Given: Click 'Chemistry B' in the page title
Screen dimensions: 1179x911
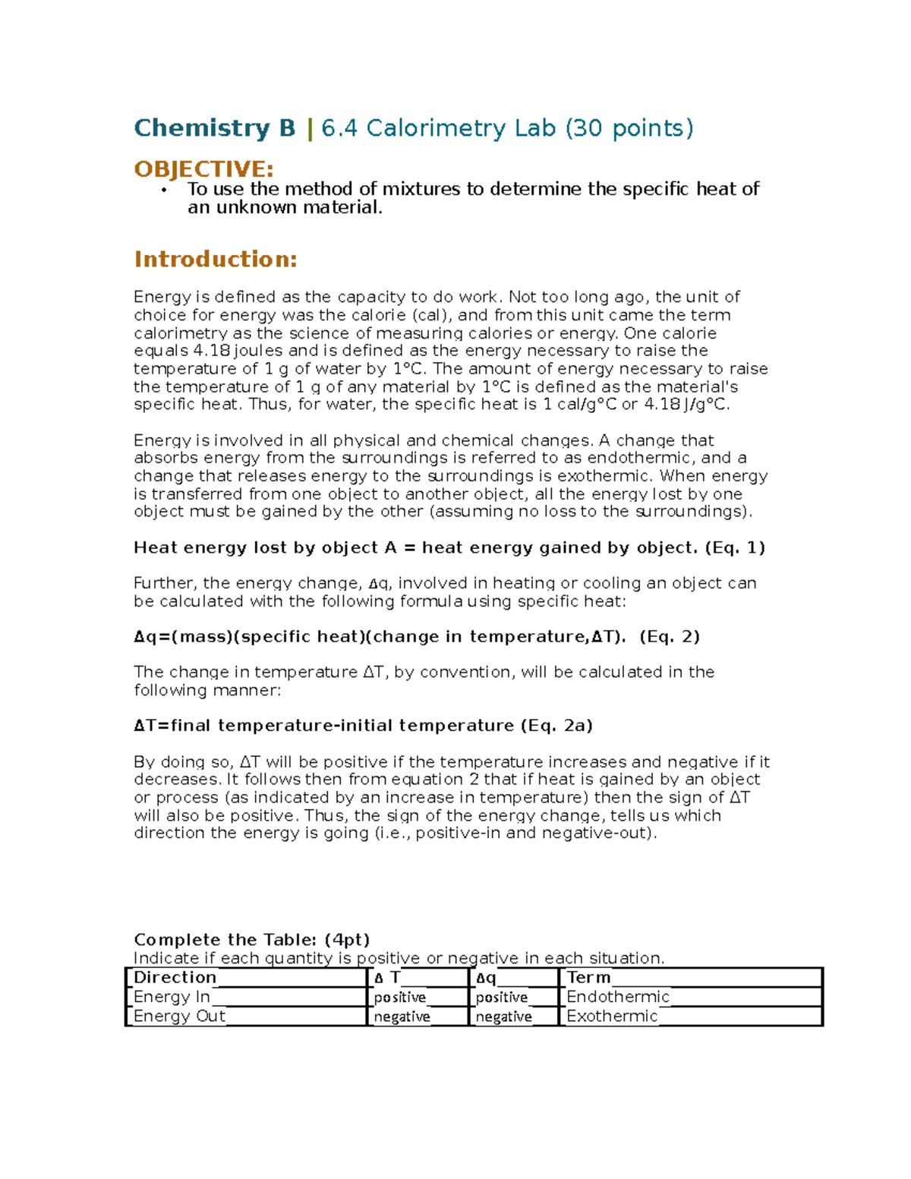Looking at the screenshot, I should click(214, 128).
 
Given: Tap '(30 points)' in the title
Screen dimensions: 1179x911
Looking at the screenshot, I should click(629, 128).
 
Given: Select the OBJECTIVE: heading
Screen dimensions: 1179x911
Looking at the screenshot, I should click(203, 169).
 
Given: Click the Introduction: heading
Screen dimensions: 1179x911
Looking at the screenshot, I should click(215, 260).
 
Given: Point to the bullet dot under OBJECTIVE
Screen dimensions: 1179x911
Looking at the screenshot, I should click(163, 191).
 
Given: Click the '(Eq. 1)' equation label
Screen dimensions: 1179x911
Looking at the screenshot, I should click(734, 547).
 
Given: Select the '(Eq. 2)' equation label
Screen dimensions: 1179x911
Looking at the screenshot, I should click(669, 636).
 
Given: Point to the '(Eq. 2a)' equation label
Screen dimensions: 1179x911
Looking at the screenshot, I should click(556, 725).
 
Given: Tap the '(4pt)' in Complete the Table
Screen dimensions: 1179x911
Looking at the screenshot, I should click(346, 940).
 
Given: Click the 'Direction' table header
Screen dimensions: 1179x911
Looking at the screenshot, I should click(175, 978).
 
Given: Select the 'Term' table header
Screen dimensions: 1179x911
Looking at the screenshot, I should click(588, 978).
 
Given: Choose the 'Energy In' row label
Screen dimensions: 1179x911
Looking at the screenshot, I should click(172, 997).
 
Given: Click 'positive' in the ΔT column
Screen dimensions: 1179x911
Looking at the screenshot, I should click(399, 998).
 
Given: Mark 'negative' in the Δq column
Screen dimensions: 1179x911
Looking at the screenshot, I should click(503, 1017).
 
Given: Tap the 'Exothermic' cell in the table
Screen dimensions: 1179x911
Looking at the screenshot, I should click(612, 1017).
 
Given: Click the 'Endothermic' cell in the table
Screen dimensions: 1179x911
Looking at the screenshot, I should click(618, 997).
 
